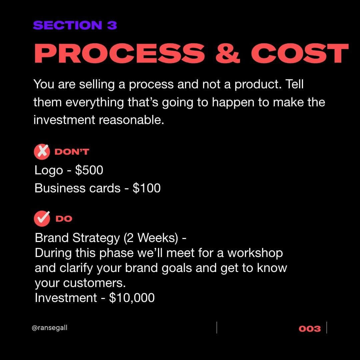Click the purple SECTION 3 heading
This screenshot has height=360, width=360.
(75, 25)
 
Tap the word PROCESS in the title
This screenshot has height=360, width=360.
(119, 53)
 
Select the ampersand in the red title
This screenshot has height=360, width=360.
(228, 53)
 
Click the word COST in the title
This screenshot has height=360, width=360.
(300, 53)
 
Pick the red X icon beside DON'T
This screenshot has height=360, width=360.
(42, 152)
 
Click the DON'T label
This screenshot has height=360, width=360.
(72, 152)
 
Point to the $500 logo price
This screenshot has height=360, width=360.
(89, 170)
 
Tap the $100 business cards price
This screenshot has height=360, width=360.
(146, 188)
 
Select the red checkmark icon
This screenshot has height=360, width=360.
(42, 219)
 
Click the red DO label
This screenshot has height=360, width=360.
(64, 219)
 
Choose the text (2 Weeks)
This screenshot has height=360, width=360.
(151, 238)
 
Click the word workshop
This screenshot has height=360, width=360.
(255, 253)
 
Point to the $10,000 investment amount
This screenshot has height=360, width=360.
(132, 298)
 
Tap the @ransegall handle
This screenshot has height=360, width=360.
(50, 328)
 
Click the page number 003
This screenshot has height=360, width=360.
(310, 329)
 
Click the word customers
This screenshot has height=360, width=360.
(94, 283)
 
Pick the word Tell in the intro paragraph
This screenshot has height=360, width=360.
(295, 84)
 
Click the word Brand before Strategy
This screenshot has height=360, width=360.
(52, 238)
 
